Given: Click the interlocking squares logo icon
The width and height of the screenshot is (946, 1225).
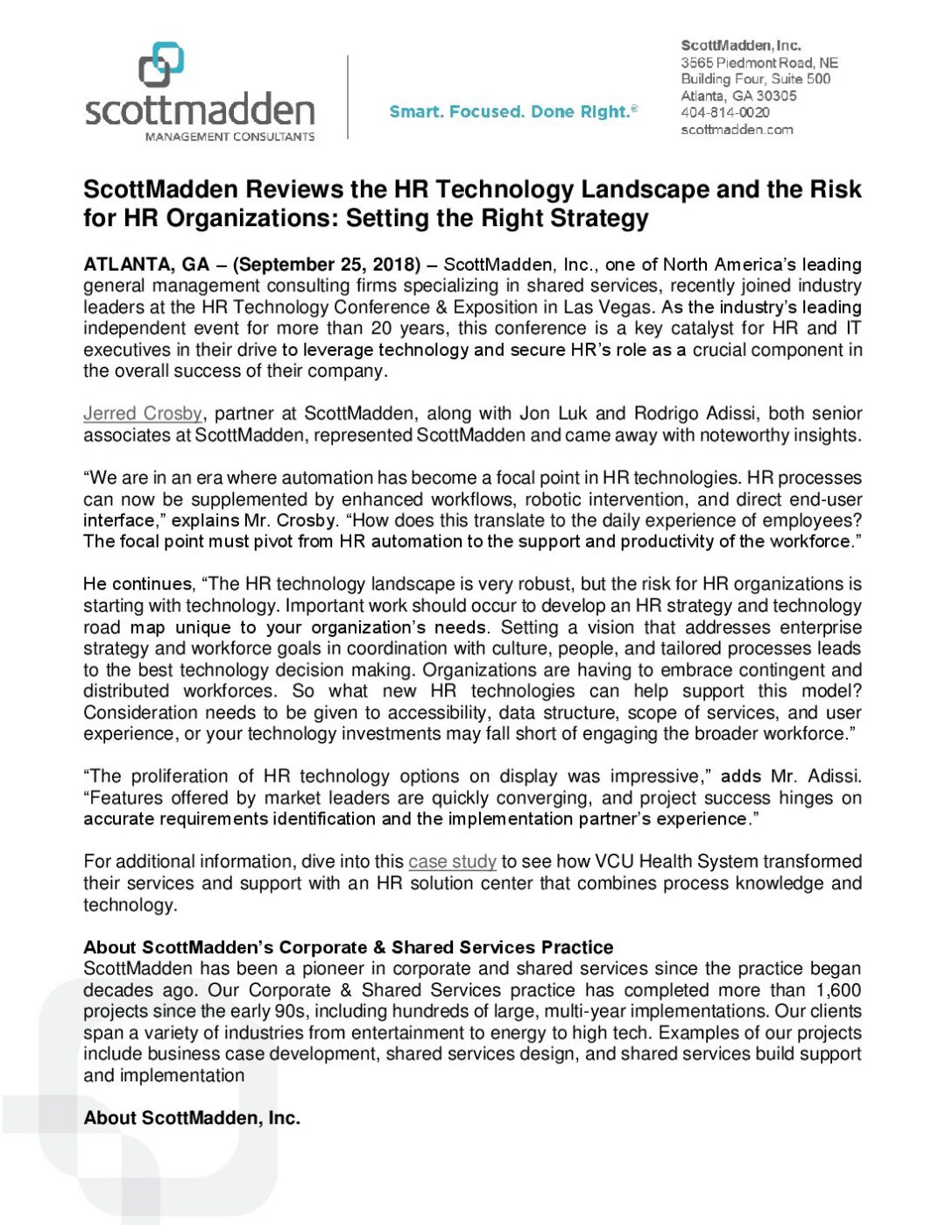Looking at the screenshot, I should click(x=161, y=66).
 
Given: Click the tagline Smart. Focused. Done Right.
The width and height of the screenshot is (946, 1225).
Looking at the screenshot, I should click(x=512, y=112).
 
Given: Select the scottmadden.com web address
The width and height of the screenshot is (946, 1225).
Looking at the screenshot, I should click(x=737, y=130).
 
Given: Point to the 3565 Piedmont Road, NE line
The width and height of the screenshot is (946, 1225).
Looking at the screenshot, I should click(x=759, y=62).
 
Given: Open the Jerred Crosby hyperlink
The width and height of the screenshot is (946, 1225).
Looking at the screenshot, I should click(x=143, y=414).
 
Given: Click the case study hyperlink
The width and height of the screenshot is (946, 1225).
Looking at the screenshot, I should click(x=452, y=861).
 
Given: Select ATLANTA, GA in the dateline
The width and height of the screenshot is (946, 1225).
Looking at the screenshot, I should click(x=146, y=265).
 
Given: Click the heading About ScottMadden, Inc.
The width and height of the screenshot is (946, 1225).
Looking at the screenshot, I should click(x=192, y=1118).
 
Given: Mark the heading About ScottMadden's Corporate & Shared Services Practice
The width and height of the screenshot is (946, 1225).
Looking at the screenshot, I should click(x=348, y=947).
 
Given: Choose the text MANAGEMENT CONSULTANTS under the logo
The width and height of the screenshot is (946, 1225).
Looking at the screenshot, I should click(x=229, y=137).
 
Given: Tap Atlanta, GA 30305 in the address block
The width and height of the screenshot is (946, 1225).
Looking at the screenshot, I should click(x=738, y=96).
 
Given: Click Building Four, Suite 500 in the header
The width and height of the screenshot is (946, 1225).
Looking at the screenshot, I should click(x=755, y=79).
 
